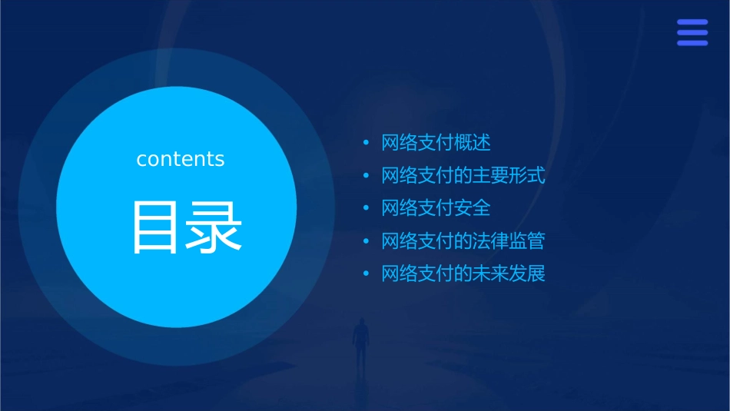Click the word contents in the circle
click(x=181, y=159)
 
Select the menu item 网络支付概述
click(x=436, y=143)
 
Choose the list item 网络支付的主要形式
click(x=463, y=176)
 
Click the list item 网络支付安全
click(x=436, y=208)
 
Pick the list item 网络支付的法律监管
click(x=463, y=241)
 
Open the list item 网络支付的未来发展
click(x=463, y=274)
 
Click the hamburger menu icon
click(x=692, y=32)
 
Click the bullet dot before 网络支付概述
click(x=367, y=143)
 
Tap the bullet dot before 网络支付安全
click(x=367, y=208)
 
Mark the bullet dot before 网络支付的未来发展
click(x=367, y=274)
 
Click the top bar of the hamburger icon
click(x=692, y=22)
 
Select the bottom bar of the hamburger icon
click(x=692, y=43)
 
